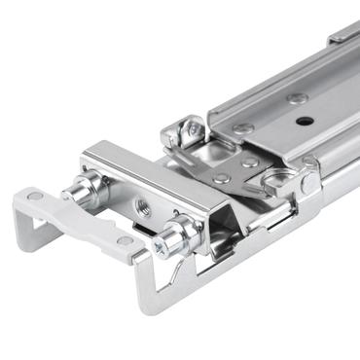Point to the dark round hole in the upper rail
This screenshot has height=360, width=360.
(x=305, y=122)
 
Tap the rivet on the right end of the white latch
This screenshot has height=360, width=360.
(x=125, y=240)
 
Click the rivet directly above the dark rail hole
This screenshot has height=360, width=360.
(x=299, y=97)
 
